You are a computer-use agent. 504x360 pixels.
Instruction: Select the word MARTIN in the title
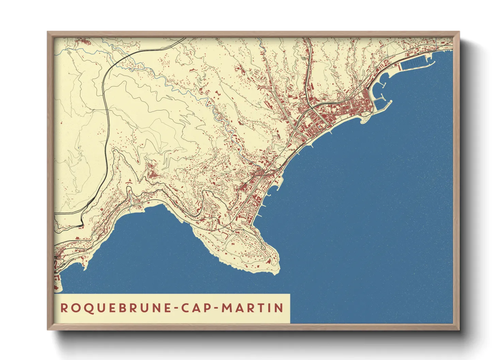click(x=252, y=308)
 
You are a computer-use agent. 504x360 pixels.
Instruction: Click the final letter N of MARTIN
click(x=279, y=308)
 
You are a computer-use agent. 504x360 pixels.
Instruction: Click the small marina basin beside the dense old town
click(x=379, y=102)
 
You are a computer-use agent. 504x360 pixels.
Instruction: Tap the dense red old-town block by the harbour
click(x=361, y=102)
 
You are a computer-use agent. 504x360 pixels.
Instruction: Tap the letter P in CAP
click(x=205, y=308)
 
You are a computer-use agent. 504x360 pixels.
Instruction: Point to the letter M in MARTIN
click(x=227, y=308)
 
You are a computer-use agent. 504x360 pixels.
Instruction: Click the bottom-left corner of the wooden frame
click(x=48, y=329)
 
